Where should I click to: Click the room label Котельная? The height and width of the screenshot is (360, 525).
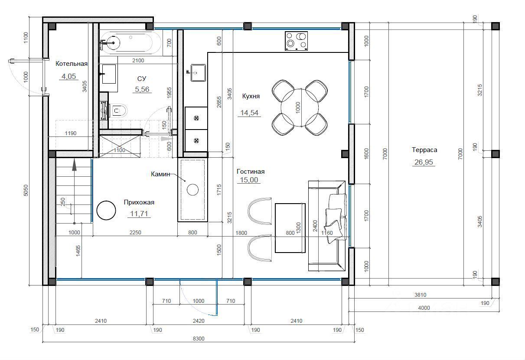(x=72, y=64)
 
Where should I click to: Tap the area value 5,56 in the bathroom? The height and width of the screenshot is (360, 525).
(x=142, y=89)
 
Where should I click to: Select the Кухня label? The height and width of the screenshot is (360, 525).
(x=251, y=96)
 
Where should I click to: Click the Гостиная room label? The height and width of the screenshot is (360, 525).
(x=251, y=172)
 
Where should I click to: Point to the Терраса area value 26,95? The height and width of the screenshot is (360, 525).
(x=424, y=162)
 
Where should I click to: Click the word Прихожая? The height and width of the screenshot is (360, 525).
(x=139, y=202)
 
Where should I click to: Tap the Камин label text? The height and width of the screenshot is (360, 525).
(x=160, y=174)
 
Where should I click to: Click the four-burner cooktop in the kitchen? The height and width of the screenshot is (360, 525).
(x=296, y=41)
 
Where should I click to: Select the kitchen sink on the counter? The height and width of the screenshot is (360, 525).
(x=198, y=73)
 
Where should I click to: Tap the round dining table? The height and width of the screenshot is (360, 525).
(x=300, y=108)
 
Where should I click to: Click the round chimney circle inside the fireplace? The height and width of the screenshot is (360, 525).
(x=192, y=190)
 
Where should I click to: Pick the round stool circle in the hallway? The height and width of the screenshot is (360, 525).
(x=106, y=211)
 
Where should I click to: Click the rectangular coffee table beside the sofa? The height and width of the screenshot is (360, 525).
(x=290, y=228)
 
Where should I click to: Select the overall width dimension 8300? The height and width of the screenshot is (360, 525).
(x=199, y=338)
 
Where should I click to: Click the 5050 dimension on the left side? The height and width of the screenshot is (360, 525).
(x=26, y=191)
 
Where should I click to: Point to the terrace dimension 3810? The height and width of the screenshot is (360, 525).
(x=420, y=295)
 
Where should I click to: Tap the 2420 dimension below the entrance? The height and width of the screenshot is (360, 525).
(x=199, y=321)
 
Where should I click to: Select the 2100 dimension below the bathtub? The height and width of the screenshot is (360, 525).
(x=138, y=60)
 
